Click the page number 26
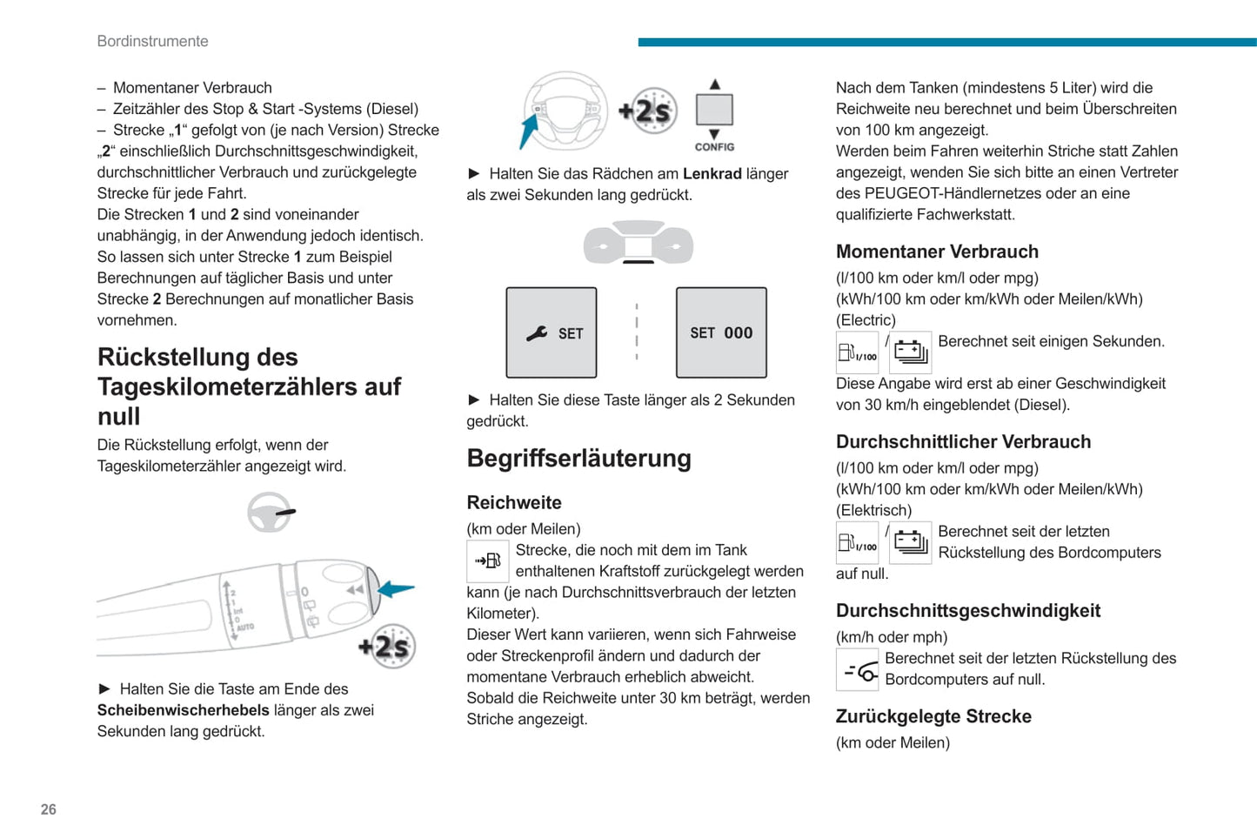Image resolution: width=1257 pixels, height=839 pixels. [49, 809]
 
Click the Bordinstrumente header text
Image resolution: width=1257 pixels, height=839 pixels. [153, 41]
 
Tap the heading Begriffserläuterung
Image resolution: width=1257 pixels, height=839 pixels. [578, 459]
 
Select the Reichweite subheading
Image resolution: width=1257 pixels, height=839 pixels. [514, 502]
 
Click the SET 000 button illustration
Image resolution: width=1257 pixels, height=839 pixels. [721, 332]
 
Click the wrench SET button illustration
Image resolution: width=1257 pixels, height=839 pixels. [552, 332]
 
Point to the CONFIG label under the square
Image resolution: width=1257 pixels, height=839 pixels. [714, 147]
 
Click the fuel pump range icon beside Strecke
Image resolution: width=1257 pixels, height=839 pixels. [488, 561]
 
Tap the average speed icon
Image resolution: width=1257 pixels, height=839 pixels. [858, 670]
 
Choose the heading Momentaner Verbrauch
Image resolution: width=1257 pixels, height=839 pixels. [937, 252]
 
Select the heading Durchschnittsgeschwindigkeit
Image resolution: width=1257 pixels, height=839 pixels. [968, 611]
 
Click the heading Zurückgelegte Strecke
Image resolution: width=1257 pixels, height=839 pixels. [933, 716]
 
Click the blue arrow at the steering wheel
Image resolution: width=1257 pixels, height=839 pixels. [528, 133]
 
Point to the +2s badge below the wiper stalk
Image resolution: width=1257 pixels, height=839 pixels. [387, 647]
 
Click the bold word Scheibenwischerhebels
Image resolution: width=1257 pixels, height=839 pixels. [183, 710]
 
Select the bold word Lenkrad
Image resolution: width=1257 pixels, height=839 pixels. [712, 174]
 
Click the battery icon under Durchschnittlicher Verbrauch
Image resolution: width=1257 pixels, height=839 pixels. [911, 543]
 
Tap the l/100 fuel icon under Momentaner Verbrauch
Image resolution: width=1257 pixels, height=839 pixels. [858, 352]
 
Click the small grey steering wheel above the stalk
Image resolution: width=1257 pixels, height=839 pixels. [271, 513]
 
